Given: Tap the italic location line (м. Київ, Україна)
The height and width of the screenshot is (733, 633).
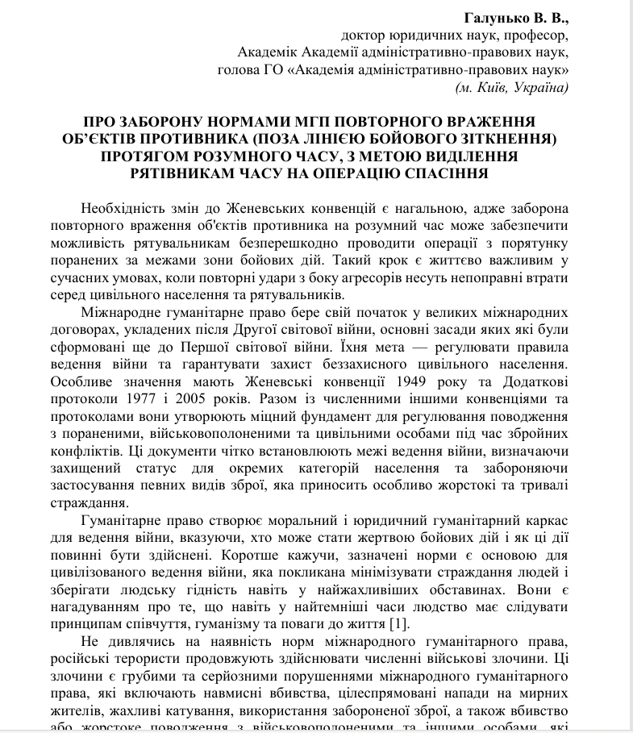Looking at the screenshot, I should coord(512,87).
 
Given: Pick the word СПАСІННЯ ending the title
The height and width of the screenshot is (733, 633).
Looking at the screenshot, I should coord(452,172).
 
